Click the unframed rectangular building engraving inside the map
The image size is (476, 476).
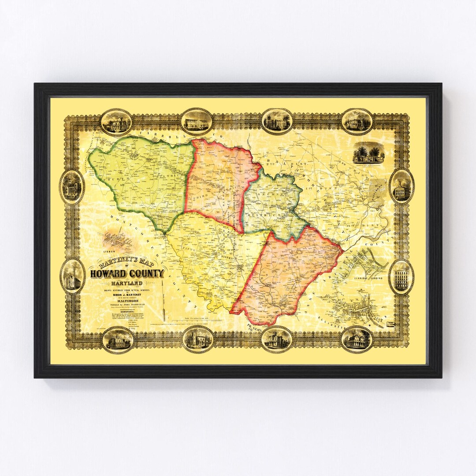coord(368,152)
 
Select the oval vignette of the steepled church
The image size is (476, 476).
coord(72,276)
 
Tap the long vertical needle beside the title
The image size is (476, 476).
coord(164,300)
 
